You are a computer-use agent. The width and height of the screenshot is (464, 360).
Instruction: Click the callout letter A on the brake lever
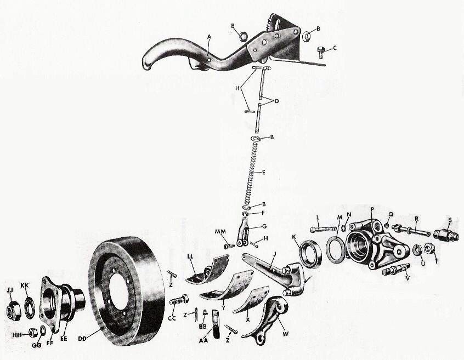click(209, 37)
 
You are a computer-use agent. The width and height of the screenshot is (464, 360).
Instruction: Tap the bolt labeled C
click(320, 52)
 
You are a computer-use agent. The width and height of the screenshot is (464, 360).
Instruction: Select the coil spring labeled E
click(252, 172)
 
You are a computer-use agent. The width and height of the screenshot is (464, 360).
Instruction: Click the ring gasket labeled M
click(335, 248)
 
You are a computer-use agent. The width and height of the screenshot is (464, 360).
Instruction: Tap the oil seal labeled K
click(311, 254)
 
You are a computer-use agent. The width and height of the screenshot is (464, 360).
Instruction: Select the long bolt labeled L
click(323, 229)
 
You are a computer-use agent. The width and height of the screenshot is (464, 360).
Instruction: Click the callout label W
click(286, 334)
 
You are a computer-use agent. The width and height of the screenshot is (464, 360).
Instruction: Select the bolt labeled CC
click(179, 300)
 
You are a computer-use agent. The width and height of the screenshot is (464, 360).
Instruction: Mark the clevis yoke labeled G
click(243, 232)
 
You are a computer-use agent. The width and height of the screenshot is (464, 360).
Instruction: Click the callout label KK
click(25, 287)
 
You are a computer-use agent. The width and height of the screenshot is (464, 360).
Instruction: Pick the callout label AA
click(203, 340)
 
